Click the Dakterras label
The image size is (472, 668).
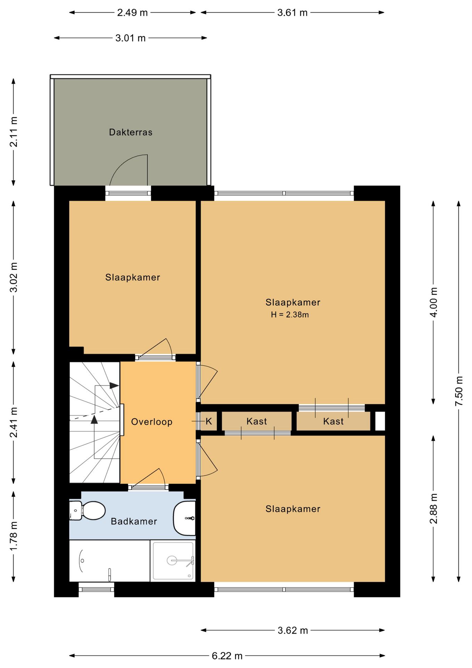131,132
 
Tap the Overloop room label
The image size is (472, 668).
152,422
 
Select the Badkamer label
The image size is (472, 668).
134,521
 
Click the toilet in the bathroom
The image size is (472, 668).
87,510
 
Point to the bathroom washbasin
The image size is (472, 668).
185,518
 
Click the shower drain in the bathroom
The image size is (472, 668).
172,560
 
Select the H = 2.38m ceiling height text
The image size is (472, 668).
290,315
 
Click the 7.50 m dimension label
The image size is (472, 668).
459,391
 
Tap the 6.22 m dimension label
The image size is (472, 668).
227,656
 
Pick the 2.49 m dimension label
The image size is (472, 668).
132,13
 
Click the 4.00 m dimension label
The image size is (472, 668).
433,302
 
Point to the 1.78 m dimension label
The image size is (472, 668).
14,536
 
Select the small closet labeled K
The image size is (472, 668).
209,421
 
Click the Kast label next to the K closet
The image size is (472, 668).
257,421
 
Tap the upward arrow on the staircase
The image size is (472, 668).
94,420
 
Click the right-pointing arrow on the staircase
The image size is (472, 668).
114,385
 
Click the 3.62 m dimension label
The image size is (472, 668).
293,630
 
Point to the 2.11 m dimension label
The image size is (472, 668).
14,132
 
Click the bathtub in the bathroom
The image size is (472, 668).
109,560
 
